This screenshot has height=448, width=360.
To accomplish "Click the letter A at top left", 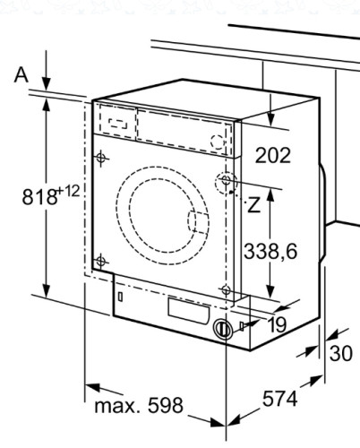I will click(21, 75).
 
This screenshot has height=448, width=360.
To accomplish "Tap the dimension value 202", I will click(273, 155).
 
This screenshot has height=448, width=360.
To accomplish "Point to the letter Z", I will click(254, 204).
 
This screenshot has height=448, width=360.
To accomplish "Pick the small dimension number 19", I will click(277, 324).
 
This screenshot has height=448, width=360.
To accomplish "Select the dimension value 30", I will click(340, 353).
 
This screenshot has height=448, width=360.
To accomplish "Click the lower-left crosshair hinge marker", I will click(101, 261).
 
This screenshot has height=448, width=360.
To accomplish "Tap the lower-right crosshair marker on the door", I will click(226, 289).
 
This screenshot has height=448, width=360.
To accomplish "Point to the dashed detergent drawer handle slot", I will click(116, 117).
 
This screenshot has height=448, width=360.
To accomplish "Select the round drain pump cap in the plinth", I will click(221, 329).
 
